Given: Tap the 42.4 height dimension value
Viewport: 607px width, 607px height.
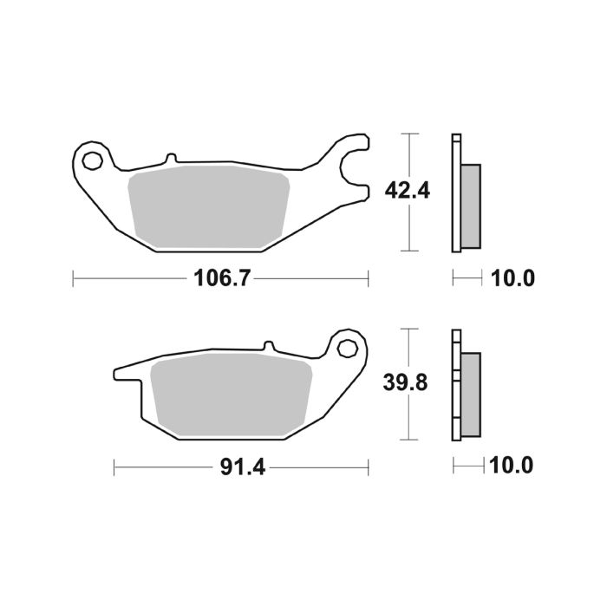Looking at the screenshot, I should coord(401,192).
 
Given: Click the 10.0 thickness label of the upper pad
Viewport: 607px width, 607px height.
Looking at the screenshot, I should coord(513,279).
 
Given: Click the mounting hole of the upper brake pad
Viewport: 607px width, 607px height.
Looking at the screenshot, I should coord(92,160).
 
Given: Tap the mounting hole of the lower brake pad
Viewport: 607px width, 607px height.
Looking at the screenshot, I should coord(348,348).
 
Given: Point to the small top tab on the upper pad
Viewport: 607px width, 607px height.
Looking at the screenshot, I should coord(171,158).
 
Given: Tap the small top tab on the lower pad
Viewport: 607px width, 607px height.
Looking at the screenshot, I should coord(269,346).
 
